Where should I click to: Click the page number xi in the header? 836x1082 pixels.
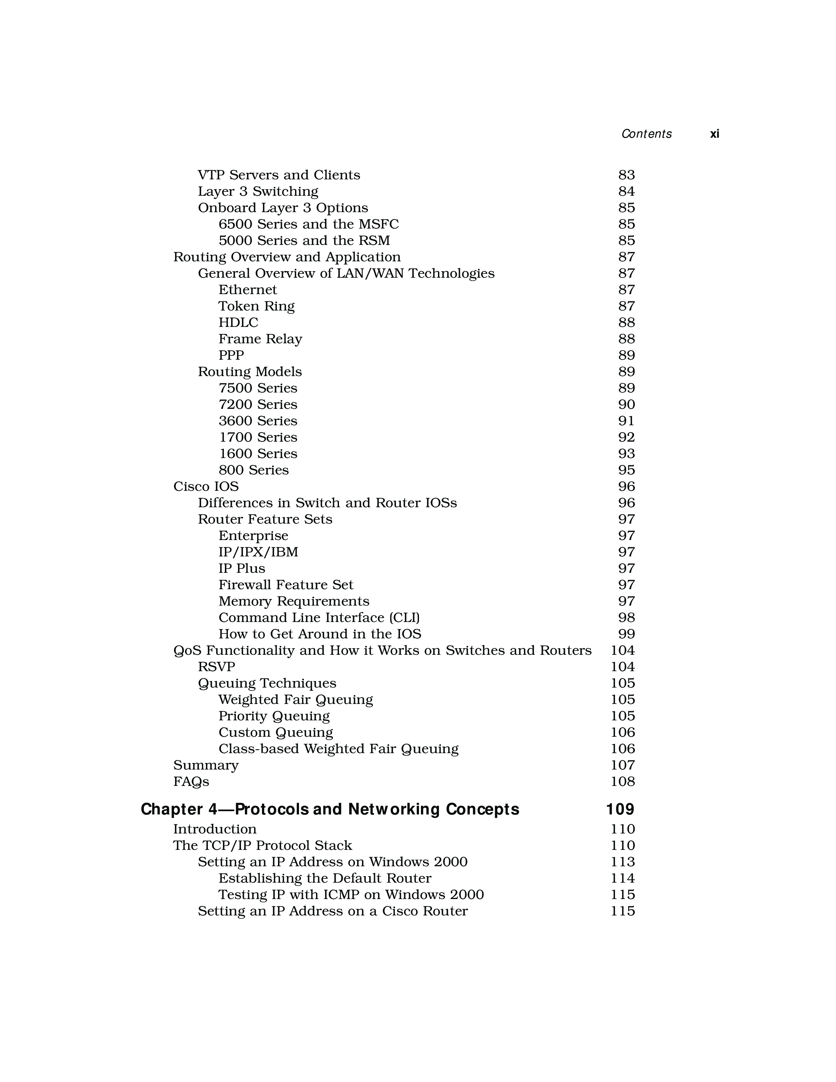point(714,134)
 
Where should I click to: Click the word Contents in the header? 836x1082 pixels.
point(646,134)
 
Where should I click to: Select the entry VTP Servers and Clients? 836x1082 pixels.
point(279,175)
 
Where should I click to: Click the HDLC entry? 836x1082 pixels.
point(238,323)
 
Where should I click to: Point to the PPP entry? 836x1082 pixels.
point(231,355)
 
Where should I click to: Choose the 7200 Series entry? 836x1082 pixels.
point(258,404)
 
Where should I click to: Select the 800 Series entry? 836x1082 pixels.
point(253,470)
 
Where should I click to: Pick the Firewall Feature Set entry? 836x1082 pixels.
point(286,585)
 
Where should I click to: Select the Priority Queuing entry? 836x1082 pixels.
point(274,716)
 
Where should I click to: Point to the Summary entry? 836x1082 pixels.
point(206,765)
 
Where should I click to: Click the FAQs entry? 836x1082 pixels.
point(191,781)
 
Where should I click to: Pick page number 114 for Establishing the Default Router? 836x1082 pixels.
point(623,878)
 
